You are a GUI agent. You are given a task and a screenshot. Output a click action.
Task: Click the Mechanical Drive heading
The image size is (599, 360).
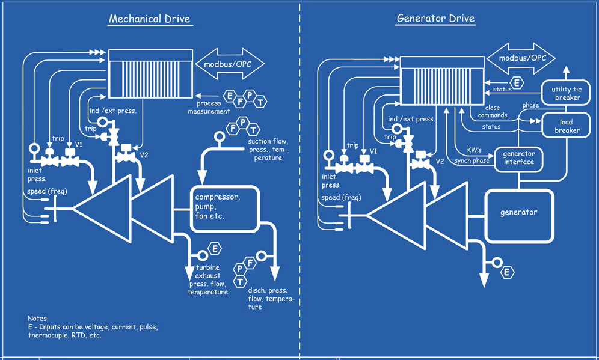[x=149, y=19]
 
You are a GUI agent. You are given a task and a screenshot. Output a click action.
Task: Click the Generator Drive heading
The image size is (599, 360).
[x=435, y=18]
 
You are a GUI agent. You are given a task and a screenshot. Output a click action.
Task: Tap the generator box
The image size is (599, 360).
[x=518, y=213]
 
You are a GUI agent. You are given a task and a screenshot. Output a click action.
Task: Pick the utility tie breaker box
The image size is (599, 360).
[x=567, y=93]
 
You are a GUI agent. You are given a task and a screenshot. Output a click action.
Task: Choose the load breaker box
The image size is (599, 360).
[x=567, y=126]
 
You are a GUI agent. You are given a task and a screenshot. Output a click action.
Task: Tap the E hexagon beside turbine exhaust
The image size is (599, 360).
[x=214, y=248]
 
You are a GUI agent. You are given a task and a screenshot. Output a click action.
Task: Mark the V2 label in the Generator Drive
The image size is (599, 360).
[x=440, y=161]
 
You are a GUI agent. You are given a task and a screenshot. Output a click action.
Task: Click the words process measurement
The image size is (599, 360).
[x=209, y=108]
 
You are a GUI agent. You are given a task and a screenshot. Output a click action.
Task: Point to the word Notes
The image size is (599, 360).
[x=38, y=318]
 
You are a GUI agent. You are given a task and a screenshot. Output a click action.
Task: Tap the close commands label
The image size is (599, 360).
[x=492, y=111]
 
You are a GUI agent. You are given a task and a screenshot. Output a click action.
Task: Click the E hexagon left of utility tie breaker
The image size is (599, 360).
[x=516, y=83]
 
